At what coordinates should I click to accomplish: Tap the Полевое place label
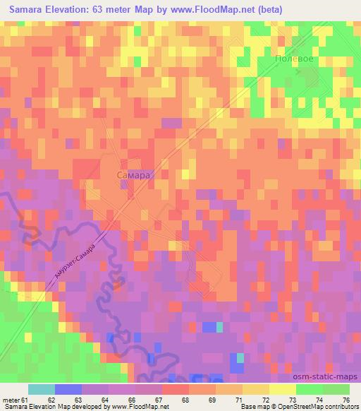pos(295,60)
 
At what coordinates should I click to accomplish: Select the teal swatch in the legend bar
pos(42,389)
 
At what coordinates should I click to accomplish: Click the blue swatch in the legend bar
pos(68,389)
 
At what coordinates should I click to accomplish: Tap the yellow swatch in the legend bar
pos(283,389)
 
